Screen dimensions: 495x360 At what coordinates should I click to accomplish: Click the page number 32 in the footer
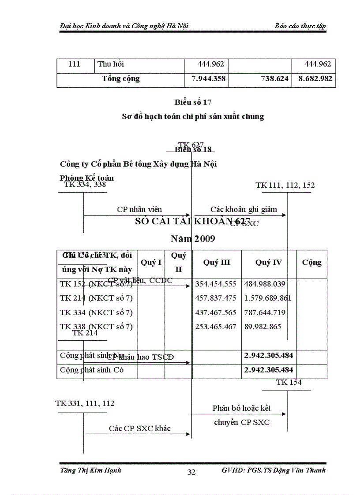(191, 472)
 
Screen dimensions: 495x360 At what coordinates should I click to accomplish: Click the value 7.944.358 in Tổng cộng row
(206, 79)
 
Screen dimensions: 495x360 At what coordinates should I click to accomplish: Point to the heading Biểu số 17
(193, 103)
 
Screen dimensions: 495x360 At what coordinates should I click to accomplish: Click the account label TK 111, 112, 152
(285, 185)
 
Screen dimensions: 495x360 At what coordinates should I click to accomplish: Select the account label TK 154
(289, 383)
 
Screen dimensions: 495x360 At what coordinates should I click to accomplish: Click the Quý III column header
(217, 262)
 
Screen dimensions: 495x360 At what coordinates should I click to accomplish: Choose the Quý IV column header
(269, 262)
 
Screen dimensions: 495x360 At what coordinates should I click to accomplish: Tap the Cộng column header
(311, 262)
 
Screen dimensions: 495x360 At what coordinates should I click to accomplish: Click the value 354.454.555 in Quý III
(216, 284)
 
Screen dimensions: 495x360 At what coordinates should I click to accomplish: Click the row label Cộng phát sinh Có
(92, 370)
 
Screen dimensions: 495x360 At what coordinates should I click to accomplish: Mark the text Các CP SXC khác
(140, 428)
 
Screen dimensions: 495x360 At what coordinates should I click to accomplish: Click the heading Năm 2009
(193, 239)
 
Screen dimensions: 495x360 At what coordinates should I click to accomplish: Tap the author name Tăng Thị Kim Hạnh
(90, 470)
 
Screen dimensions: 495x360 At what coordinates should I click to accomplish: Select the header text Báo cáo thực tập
(300, 26)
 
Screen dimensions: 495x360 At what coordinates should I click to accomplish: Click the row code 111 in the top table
(75, 64)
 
